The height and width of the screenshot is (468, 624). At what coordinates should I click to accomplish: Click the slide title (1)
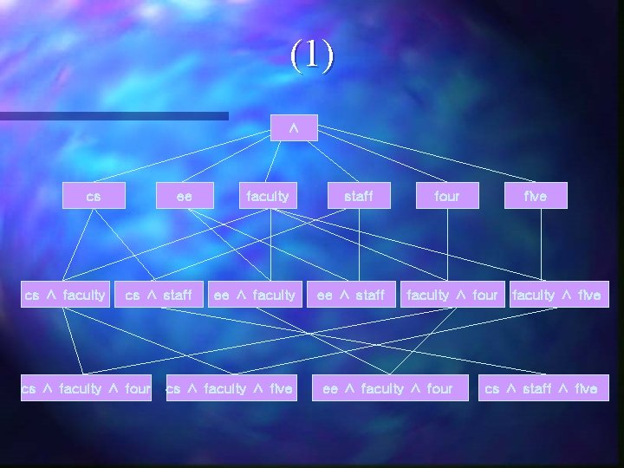coord(312,56)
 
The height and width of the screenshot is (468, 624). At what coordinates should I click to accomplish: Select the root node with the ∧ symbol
coord(294,127)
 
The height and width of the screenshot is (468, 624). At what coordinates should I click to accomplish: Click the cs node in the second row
coord(94,196)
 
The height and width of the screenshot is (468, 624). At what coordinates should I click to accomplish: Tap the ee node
coord(184,196)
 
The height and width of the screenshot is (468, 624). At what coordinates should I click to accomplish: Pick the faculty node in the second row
coord(268,196)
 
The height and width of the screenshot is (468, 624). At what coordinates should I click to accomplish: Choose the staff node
coord(359,196)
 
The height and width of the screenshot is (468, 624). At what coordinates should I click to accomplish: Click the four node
coord(447,196)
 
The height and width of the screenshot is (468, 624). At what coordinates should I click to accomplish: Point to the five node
coord(536,196)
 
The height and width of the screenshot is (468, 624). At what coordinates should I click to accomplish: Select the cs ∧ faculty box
coord(65,295)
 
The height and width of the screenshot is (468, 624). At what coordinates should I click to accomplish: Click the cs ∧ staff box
coord(159,295)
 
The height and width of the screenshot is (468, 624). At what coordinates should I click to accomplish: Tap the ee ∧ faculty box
coord(255,295)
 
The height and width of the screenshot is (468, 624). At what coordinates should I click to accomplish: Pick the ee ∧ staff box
coord(351,295)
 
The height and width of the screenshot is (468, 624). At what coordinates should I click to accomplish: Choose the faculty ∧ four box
coord(452,295)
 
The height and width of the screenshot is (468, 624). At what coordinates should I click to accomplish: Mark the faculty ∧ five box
coord(556,295)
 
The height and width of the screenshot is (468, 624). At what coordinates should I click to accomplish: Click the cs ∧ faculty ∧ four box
coord(86,388)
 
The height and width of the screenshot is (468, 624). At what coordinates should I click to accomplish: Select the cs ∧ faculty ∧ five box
coord(230,388)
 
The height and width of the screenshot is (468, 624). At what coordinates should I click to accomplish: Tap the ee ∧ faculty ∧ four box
coord(387,388)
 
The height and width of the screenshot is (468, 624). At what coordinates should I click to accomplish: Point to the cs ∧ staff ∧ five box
coord(541,388)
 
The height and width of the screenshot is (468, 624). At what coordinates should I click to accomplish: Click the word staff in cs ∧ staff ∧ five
coord(537,388)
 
